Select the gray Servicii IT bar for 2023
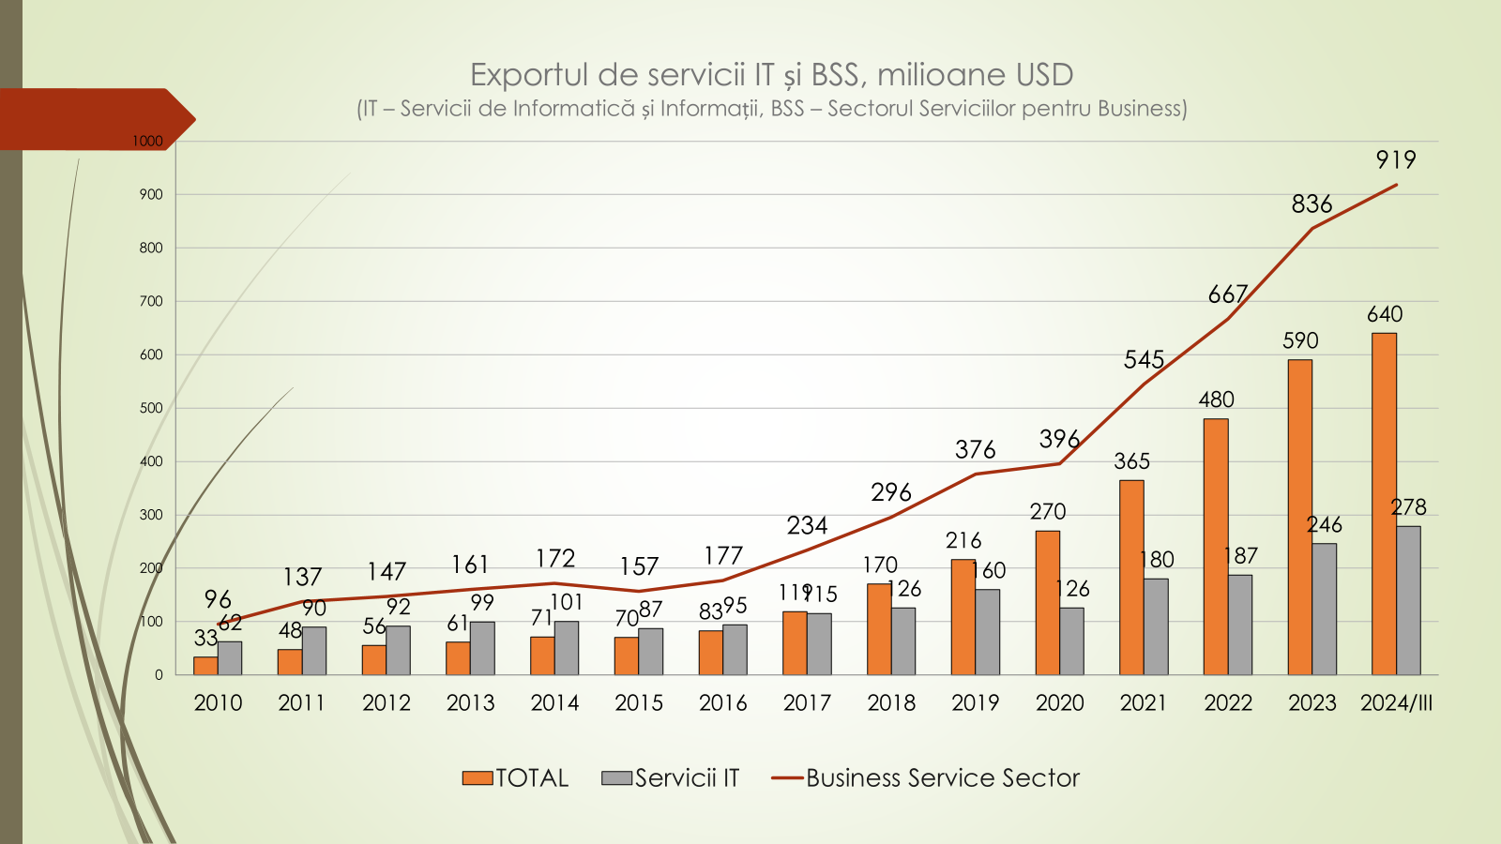(x=1324, y=609)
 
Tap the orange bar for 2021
(x=1131, y=577)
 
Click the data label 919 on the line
(x=1396, y=160)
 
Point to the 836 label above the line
(x=1311, y=204)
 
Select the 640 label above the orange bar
(x=1385, y=314)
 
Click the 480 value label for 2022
(x=1216, y=399)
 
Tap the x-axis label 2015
(x=639, y=702)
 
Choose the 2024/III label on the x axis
(x=1396, y=702)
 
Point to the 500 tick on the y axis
(x=151, y=408)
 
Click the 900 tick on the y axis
(x=151, y=195)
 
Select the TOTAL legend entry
(x=515, y=778)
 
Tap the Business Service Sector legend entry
(x=925, y=778)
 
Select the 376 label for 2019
(x=975, y=450)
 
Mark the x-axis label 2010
(x=218, y=702)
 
